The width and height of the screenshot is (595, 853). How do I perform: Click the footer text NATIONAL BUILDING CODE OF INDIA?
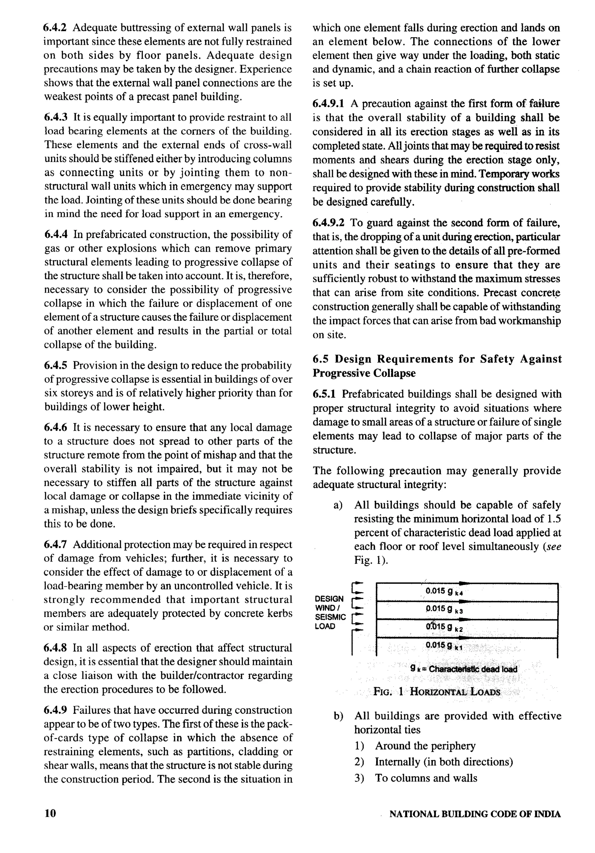click(475, 814)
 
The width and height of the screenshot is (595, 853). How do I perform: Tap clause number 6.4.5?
click(56, 366)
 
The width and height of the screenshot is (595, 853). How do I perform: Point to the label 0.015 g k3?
click(444, 609)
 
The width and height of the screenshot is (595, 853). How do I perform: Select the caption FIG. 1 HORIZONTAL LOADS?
click(436, 692)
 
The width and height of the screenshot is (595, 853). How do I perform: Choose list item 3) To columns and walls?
click(426, 778)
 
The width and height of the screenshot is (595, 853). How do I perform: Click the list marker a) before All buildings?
click(338, 505)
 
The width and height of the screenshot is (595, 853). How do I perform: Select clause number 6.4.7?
click(56, 545)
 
